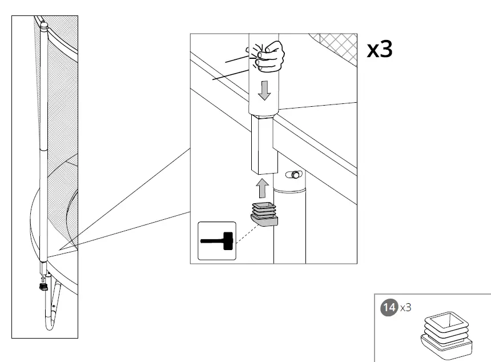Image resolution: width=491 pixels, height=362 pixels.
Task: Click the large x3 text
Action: [379, 50]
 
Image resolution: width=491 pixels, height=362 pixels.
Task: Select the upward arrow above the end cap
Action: [262, 187]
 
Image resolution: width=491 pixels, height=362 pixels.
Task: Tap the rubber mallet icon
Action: [217, 241]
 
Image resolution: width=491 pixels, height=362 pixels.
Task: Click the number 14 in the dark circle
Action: [389, 307]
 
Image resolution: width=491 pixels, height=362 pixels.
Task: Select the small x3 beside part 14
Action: [405, 308]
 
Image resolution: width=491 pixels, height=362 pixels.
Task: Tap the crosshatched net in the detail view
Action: [337, 45]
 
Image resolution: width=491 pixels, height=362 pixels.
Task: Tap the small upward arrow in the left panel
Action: [42, 279]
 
